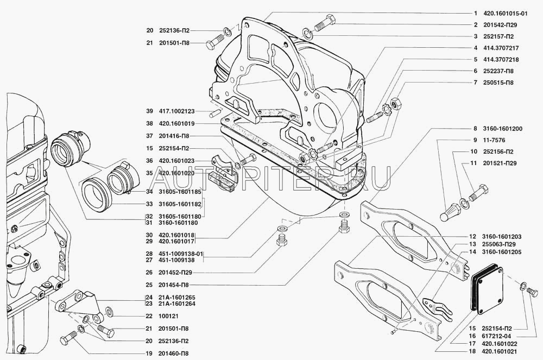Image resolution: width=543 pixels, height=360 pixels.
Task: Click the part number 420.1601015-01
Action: click(x=508, y=14)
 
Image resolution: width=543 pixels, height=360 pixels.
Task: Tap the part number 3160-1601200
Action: click(x=502, y=129)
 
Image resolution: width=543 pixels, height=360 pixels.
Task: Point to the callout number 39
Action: click(x=149, y=111)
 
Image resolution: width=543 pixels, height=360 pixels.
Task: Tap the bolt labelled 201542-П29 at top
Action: click(x=323, y=22)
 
